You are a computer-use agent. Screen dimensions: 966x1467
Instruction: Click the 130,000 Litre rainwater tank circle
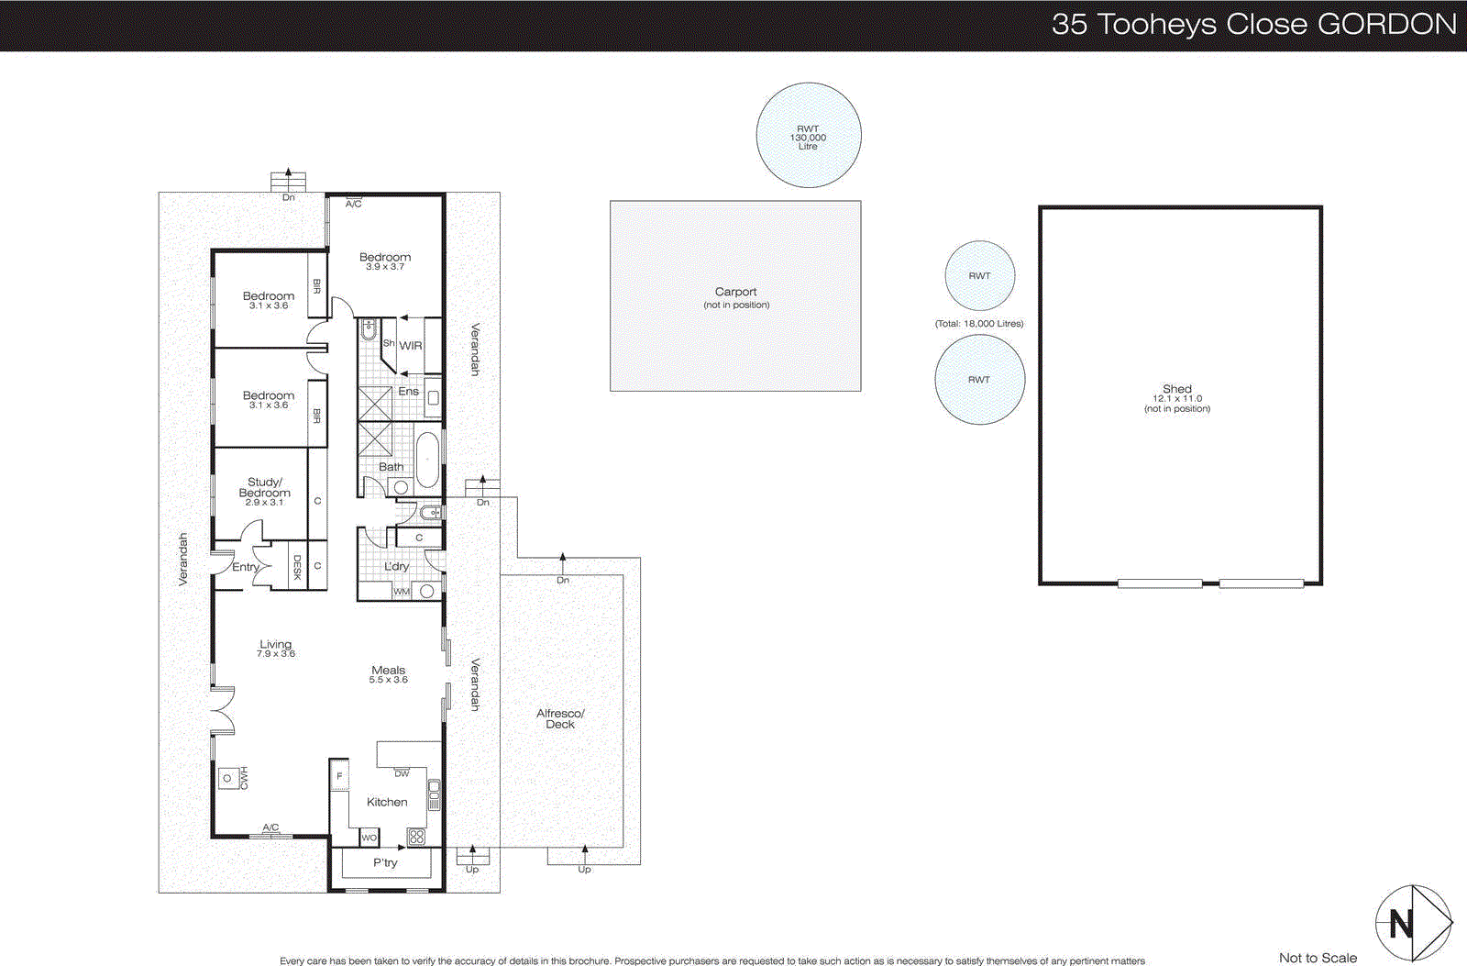click(808, 136)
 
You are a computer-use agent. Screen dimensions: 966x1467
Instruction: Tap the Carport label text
click(735, 292)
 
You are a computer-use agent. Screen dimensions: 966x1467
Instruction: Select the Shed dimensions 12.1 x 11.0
click(1177, 399)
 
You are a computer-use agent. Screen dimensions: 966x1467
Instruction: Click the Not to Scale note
click(1318, 958)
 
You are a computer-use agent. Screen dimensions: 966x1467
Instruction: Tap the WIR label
click(411, 346)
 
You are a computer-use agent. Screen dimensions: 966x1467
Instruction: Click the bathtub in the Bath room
click(427, 460)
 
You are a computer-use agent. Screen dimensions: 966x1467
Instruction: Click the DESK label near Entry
click(297, 568)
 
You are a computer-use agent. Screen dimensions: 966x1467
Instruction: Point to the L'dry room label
click(396, 567)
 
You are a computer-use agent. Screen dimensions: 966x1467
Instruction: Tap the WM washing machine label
click(401, 593)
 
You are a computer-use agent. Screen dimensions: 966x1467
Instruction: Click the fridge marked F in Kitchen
click(339, 776)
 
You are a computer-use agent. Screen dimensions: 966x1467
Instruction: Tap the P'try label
click(385, 862)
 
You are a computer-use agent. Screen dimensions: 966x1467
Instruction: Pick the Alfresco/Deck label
click(560, 718)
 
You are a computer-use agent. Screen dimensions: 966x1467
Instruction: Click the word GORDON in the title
click(1386, 24)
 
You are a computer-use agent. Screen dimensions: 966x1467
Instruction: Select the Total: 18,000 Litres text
click(979, 324)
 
